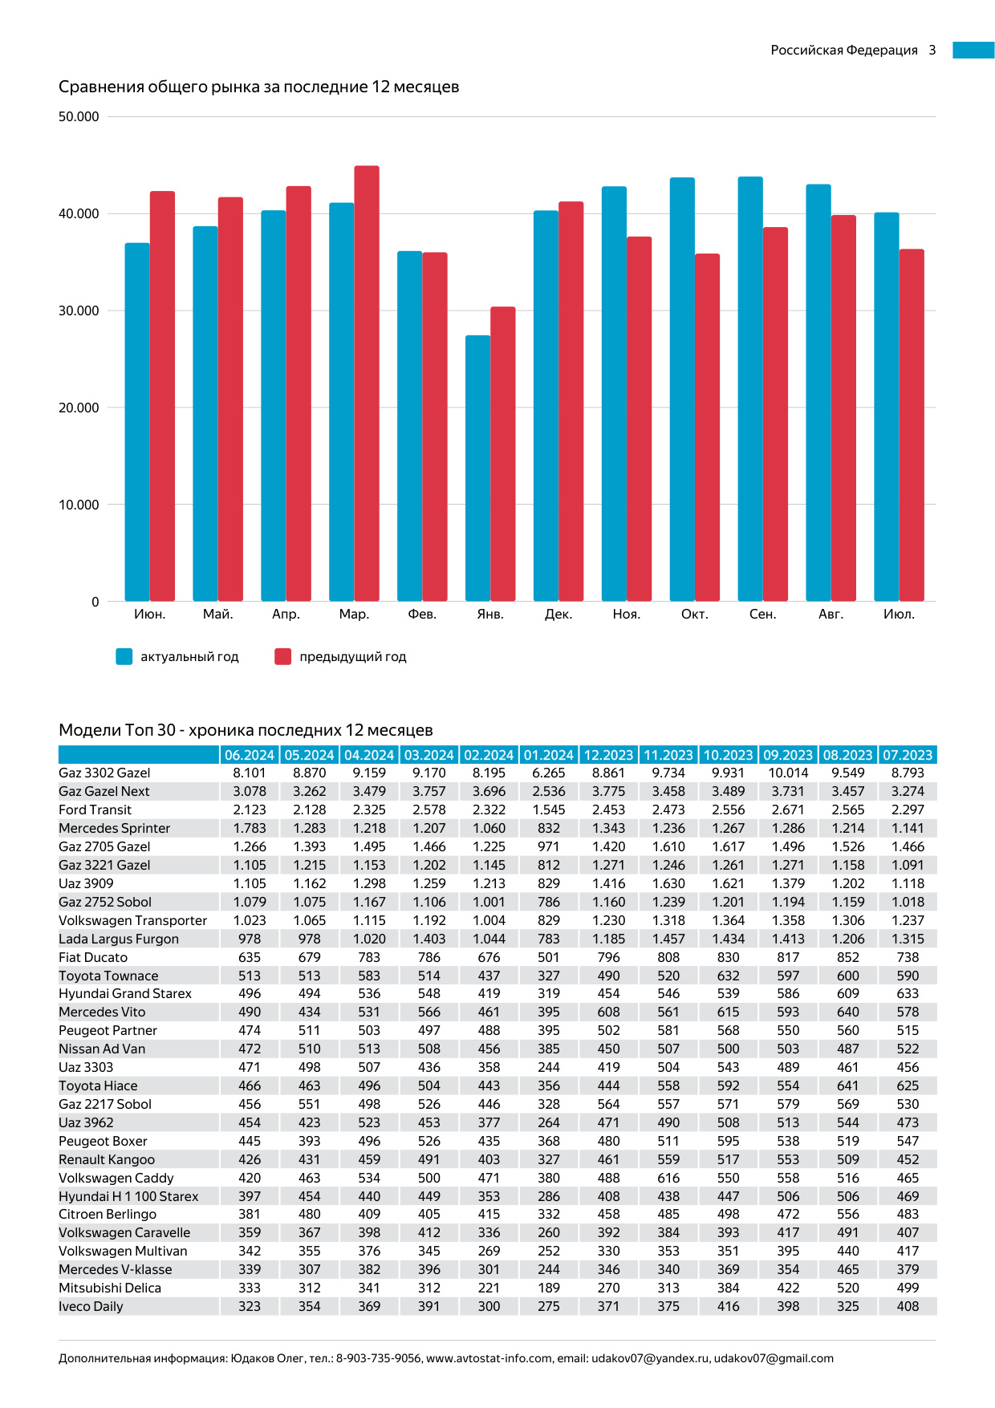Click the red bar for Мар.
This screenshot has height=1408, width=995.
point(367,383)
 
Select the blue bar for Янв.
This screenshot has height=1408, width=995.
point(477,469)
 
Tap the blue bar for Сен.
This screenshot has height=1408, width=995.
point(750,389)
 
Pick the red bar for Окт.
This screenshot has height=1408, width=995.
point(707,428)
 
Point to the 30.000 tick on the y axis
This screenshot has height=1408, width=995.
point(79,310)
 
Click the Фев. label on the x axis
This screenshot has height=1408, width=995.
point(422,615)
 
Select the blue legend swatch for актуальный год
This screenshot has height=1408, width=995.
point(124,657)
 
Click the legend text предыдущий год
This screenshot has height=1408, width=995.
point(352,657)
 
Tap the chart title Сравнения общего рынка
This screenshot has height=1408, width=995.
point(258,87)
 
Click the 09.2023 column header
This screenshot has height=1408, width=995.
point(788,755)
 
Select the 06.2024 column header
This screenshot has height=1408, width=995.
point(250,755)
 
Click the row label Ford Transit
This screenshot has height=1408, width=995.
point(95,810)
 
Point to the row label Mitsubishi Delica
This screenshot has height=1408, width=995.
point(110,1288)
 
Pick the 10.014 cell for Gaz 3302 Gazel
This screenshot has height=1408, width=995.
point(788,773)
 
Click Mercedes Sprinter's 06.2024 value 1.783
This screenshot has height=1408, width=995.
point(250,828)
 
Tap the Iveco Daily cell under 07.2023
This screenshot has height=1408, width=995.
point(908,1306)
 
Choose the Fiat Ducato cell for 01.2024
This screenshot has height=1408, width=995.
point(549,957)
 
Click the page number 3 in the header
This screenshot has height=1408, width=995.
point(932,50)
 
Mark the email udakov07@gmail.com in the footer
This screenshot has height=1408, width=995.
point(774,1358)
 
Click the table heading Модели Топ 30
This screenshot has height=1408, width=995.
point(246,730)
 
